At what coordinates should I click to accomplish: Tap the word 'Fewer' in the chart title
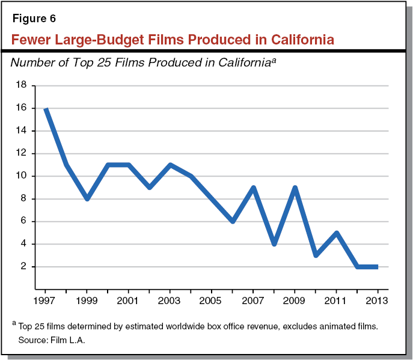pos(32,40)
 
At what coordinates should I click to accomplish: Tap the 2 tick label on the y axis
pos(25,267)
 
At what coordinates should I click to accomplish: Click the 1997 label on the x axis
pos(45,301)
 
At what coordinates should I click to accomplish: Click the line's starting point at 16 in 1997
pos(46,109)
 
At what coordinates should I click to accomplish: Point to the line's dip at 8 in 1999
pos(87,199)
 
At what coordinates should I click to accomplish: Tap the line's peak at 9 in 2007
pos(253,188)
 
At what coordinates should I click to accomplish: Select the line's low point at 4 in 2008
pos(274,244)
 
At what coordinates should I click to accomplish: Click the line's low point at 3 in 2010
pos(316,255)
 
